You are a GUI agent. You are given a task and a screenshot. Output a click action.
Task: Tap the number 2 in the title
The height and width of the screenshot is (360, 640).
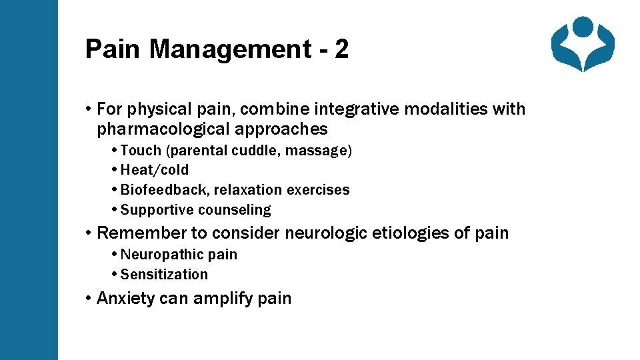coord(341,49)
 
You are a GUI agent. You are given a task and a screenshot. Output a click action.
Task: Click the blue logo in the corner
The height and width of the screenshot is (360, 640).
coord(583,44)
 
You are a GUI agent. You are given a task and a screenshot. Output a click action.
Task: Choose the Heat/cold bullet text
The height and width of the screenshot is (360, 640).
coord(155,170)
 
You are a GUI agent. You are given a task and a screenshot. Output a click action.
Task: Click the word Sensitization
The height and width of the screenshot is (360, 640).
coord(164,275)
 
